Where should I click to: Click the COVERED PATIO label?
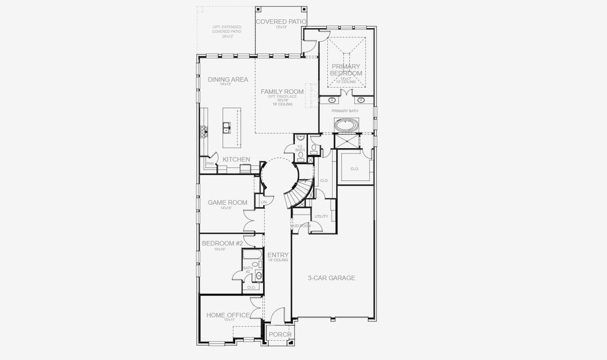(x=281, y=22)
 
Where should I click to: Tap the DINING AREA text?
(x=228, y=79)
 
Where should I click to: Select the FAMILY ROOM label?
(x=282, y=91)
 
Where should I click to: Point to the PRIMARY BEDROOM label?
(x=346, y=70)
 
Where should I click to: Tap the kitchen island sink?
(x=227, y=127)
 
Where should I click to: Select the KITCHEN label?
(x=237, y=159)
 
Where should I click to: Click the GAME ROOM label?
(x=228, y=203)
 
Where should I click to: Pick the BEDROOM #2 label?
(x=222, y=243)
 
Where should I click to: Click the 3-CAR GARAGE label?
(x=331, y=278)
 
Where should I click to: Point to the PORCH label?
(x=280, y=334)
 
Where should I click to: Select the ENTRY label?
(x=278, y=255)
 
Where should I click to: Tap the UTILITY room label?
(x=321, y=216)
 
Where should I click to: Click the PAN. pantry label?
(x=210, y=163)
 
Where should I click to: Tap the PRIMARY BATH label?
(x=345, y=111)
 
